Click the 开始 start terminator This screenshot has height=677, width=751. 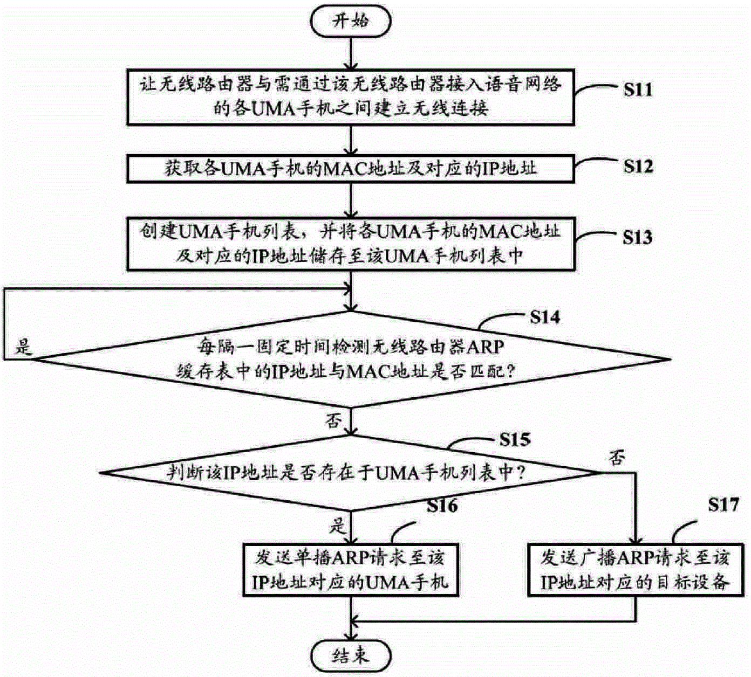coord(351,21)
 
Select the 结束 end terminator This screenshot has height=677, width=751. coord(351,655)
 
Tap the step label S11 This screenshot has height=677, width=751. coord(638,89)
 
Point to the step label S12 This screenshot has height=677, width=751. coord(638,167)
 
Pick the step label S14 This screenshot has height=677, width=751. coord(544,317)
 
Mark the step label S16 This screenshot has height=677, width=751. coord(442,506)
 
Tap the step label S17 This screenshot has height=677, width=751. coord(723,505)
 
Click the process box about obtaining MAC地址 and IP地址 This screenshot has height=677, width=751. coord(351,169)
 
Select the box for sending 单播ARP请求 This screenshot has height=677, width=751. coord(351,570)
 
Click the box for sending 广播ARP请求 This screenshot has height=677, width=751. coord(634,570)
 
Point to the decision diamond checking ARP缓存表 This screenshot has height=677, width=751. coord(351,359)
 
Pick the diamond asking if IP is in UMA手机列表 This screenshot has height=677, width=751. coord(351,473)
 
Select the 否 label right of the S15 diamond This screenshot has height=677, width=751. coord(617,458)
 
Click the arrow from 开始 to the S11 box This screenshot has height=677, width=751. coord(351,52)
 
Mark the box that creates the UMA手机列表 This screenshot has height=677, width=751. coord(351,244)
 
